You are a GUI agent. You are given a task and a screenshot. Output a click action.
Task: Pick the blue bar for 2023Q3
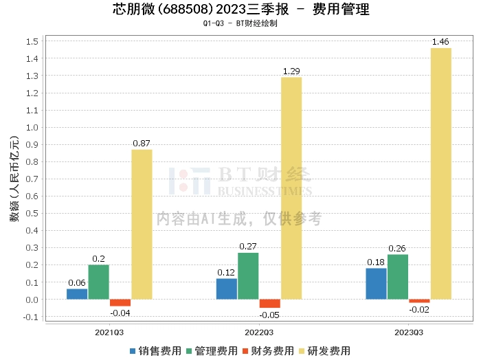376,283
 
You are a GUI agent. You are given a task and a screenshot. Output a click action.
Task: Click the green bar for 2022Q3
248,275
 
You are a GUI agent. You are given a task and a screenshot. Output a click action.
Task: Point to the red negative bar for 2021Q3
120,302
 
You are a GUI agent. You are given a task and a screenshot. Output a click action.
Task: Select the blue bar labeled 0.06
77,293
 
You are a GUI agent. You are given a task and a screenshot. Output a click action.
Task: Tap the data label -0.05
269,315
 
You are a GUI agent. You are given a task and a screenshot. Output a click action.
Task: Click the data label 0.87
142,144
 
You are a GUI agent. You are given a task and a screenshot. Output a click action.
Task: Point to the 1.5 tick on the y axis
32,41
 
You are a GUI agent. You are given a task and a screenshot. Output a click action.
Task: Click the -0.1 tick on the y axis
30,317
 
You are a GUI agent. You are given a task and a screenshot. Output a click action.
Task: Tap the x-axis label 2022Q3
259,332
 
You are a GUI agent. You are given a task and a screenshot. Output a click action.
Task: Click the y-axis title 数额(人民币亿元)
14,179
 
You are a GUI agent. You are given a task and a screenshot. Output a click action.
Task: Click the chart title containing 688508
240,10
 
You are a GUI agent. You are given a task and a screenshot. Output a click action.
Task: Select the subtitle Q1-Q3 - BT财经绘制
240,23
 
